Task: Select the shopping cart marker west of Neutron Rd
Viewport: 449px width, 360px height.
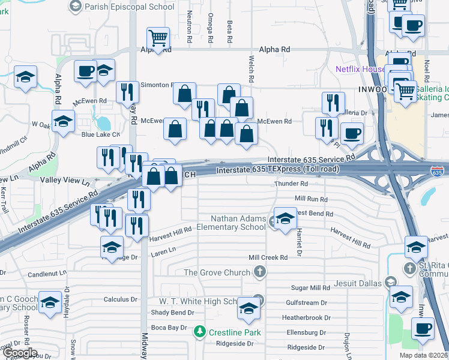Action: point(158,39)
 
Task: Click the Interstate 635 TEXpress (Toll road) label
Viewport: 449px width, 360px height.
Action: point(277,170)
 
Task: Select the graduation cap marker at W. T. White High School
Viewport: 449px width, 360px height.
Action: point(248,309)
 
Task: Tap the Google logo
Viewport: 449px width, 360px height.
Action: point(20,353)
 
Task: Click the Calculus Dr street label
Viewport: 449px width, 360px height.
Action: point(121,299)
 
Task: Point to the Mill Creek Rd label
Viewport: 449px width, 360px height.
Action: point(268,257)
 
